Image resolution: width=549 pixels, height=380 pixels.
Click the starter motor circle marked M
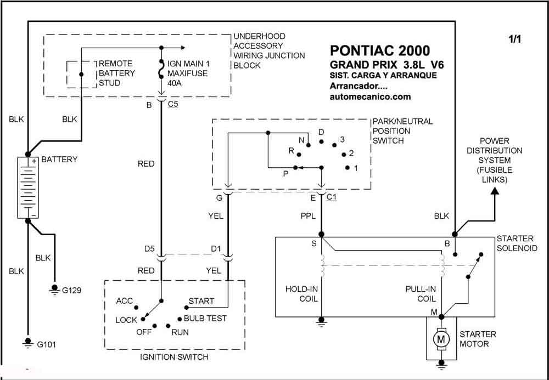click(x=441, y=339)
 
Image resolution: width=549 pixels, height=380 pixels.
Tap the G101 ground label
click(x=46, y=344)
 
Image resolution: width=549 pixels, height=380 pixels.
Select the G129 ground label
click(x=72, y=290)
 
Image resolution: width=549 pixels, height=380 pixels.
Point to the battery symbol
click(x=28, y=188)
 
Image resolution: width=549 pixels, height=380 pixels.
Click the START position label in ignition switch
click(x=201, y=301)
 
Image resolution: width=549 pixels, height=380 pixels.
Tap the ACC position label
click(x=124, y=301)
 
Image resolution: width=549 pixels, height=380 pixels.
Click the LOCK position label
click(x=126, y=320)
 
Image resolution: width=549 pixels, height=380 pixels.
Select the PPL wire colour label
click(x=308, y=217)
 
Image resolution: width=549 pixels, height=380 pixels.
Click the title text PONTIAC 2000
click(x=380, y=50)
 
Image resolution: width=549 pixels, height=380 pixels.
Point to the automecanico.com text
click(x=370, y=97)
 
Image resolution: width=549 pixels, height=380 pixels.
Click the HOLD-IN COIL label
click(x=301, y=294)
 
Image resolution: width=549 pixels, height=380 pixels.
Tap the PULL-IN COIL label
click(x=421, y=294)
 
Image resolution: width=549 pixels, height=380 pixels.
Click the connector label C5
click(x=173, y=104)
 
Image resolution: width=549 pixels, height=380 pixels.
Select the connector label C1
click(x=331, y=197)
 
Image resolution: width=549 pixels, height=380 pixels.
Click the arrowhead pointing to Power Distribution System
click(x=495, y=191)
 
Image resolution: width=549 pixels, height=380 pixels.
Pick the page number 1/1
click(x=515, y=39)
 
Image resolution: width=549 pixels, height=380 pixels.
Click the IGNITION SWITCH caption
click(x=174, y=357)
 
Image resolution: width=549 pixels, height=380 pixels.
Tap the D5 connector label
click(x=149, y=249)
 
